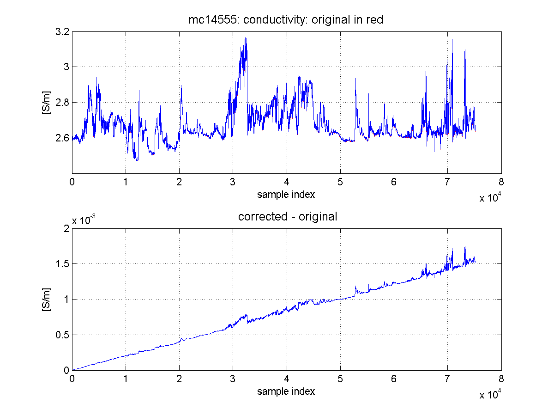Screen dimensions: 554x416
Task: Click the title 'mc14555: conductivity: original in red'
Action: pyautogui.click(x=286, y=20)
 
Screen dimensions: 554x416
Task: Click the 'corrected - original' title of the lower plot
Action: pyautogui.click(x=288, y=216)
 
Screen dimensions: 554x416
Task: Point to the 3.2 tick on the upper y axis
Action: pyautogui.click(x=62, y=32)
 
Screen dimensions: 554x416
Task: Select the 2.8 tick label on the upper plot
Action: pyautogui.click(x=62, y=103)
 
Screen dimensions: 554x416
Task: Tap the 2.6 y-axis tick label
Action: pyautogui.click(x=62, y=138)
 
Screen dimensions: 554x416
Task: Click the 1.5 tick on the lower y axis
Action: pyautogui.click(x=62, y=263)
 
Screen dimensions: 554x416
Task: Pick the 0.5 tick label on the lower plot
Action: pyautogui.click(x=62, y=335)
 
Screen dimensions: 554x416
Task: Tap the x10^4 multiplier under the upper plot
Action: pyautogui.click(x=490, y=197)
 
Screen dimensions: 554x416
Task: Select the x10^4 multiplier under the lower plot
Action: pyautogui.click(x=490, y=394)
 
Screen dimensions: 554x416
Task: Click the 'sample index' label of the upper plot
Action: pyautogui.click(x=286, y=195)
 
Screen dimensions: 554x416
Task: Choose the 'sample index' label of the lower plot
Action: pyautogui.click(x=286, y=391)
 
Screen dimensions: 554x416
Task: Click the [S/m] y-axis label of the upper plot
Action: pyautogui.click(x=47, y=103)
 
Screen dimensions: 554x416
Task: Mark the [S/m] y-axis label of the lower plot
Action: pyautogui.click(x=47, y=300)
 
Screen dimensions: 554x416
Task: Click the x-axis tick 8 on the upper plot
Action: pyautogui.click(x=501, y=182)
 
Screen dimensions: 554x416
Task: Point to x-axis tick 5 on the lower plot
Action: pyautogui.click(x=340, y=379)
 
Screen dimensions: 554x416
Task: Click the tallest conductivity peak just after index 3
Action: pyautogui.click(x=246, y=38)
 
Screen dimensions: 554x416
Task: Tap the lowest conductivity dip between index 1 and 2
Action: pyautogui.click(x=137, y=160)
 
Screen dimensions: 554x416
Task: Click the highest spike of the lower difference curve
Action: pyautogui.click(x=465, y=247)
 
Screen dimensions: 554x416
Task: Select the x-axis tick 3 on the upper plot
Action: pyautogui.click(x=233, y=182)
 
